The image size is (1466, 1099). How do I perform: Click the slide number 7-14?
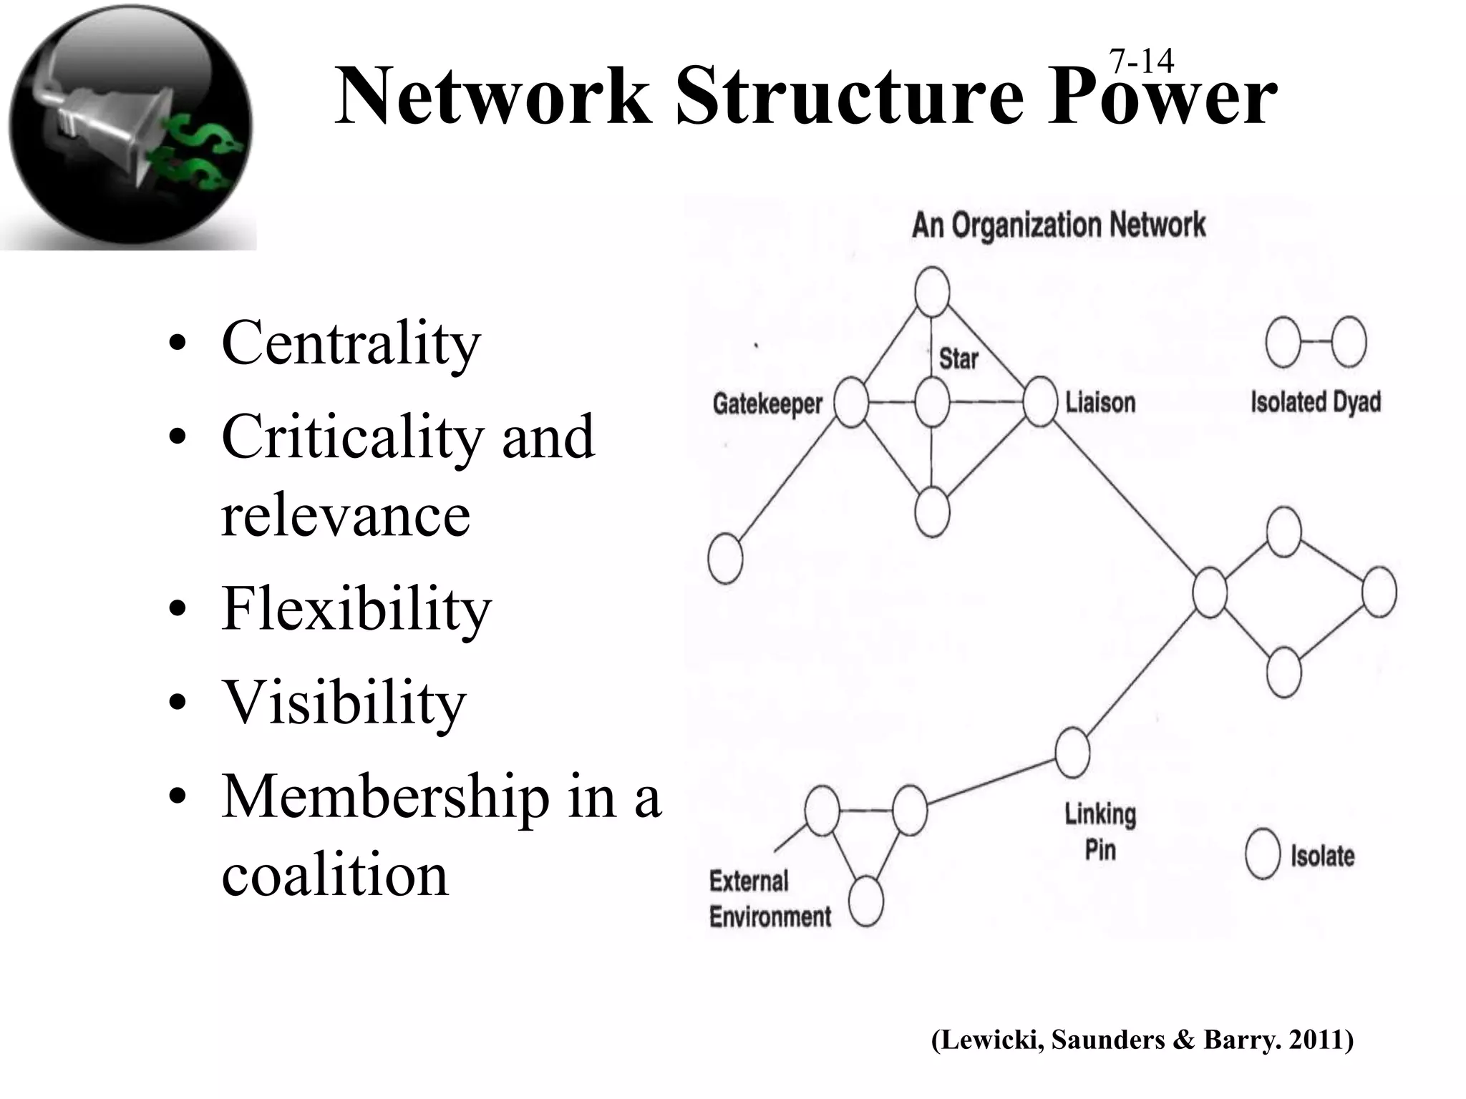click(x=1141, y=62)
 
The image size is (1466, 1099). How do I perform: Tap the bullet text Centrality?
click(x=351, y=343)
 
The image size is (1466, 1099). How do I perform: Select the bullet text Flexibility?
click(x=356, y=608)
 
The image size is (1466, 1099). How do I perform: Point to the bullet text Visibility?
click(x=344, y=701)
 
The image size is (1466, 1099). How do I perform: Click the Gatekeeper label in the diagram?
click(x=767, y=404)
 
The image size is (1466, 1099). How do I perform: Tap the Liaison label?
click(x=1100, y=403)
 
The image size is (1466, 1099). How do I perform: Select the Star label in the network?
click(x=958, y=358)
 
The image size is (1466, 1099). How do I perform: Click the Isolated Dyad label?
click(x=1315, y=402)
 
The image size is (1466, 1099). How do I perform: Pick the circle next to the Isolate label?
click(x=1262, y=854)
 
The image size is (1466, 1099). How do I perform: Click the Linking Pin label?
click(x=1100, y=832)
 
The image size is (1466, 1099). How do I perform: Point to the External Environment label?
click(x=770, y=899)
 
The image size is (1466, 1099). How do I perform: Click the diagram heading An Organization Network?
click(x=1058, y=225)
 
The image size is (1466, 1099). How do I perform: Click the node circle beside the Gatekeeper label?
click(x=851, y=403)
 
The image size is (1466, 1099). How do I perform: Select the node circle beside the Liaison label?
click(x=1039, y=401)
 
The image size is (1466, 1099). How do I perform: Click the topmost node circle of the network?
click(x=932, y=292)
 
